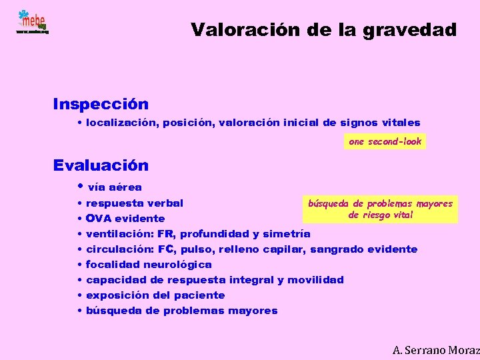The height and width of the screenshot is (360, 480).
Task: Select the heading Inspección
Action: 101,105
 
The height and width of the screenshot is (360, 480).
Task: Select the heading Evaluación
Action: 101,165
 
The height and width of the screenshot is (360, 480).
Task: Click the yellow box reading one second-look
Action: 385,142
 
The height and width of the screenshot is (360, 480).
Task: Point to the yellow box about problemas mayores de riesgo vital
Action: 380,209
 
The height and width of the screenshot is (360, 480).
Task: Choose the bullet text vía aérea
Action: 115,188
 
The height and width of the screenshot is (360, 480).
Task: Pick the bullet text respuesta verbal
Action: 135,203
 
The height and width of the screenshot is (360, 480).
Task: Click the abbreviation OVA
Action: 99,219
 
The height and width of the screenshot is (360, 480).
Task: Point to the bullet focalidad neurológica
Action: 149,265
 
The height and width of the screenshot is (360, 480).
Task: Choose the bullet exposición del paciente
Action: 155,295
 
